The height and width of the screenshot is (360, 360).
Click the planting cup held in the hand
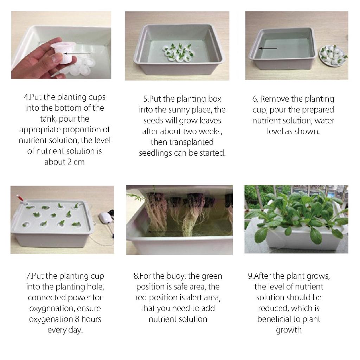point(64,51)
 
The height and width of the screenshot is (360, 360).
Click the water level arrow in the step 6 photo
point(268,48)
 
